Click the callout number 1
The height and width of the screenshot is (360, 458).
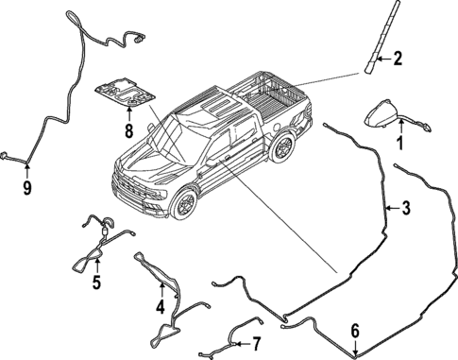point(399,145)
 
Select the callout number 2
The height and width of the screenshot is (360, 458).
point(398,60)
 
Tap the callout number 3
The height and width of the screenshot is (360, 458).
point(406,207)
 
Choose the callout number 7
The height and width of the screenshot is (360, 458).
point(255,343)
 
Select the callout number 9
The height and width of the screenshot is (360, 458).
point(27,187)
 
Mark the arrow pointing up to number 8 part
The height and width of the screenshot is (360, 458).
point(128,114)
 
